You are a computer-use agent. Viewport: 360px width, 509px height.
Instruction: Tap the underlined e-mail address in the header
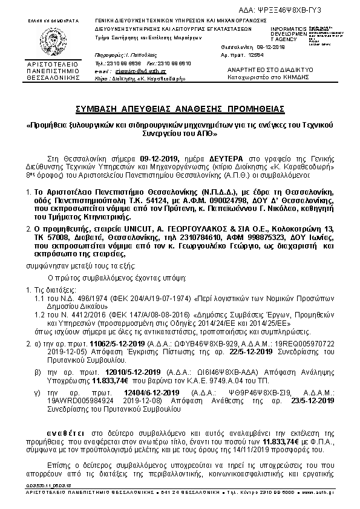pyautogui.click(x=140, y=71)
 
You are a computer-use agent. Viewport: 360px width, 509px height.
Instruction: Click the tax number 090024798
pyautogui.click(x=232, y=199)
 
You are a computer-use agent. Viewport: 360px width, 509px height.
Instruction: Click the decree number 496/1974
pyautogui.click(x=71, y=299)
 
